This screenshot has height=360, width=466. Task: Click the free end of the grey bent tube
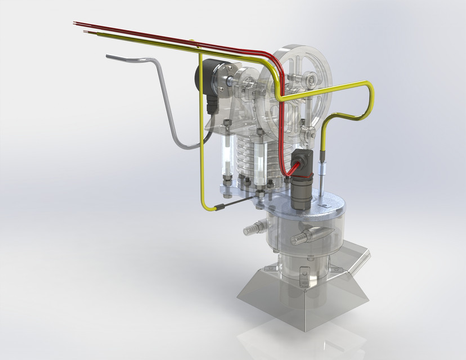(x=108, y=56)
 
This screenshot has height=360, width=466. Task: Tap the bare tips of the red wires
(x=75, y=23)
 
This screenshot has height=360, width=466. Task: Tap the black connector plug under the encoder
(x=213, y=105)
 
